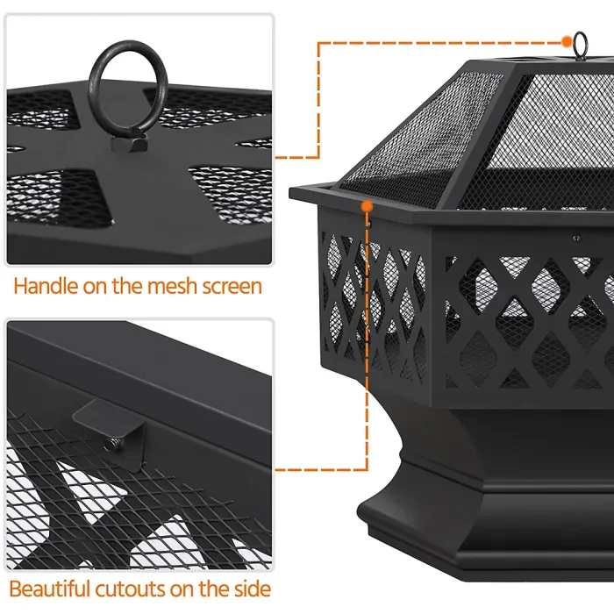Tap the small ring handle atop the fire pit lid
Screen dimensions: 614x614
click(x=582, y=41)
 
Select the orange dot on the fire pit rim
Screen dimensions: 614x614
click(x=367, y=204)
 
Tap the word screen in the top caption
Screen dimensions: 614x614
click(x=228, y=286)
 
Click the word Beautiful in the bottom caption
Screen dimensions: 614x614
click(x=56, y=588)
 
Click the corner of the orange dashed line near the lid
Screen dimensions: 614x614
click(x=318, y=42)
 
